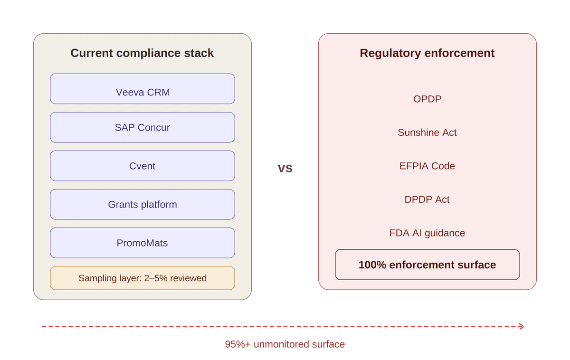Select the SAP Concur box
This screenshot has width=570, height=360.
tap(142, 127)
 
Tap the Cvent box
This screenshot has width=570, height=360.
tap(142, 166)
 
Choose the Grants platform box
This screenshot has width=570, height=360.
tap(142, 204)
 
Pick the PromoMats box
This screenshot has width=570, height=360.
tap(142, 243)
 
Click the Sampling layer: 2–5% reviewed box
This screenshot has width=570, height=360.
tap(142, 278)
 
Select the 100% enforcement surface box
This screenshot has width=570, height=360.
tap(427, 265)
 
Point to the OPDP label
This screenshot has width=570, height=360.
tap(427, 99)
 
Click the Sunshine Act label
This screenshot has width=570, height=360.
tap(427, 133)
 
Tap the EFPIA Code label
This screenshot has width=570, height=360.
tap(427, 166)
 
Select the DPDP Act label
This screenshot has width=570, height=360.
tap(427, 199)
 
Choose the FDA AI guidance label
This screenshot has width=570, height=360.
tap(427, 233)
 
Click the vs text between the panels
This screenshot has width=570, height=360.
tap(285, 168)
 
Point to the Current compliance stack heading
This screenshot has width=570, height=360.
tap(142, 53)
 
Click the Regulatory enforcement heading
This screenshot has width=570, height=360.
tap(427, 53)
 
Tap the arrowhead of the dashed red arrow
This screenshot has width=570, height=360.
tap(522, 326)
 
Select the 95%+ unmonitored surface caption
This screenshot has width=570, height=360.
tap(285, 344)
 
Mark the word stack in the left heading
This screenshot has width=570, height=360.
tap(200, 53)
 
